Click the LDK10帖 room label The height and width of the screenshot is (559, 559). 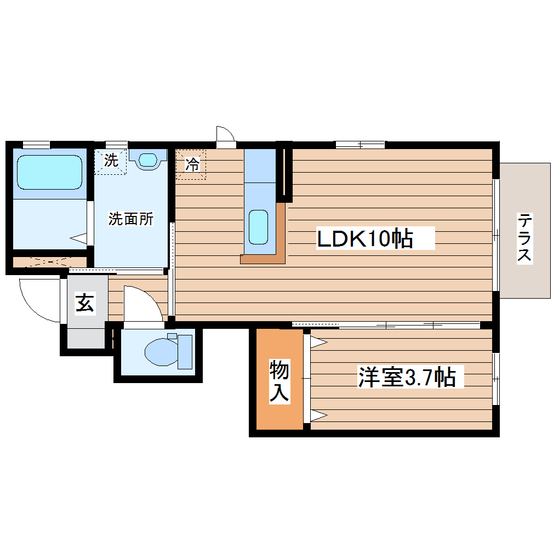[x=364, y=238]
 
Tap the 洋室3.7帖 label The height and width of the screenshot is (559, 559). [x=407, y=377]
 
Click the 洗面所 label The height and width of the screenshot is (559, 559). [x=130, y=219]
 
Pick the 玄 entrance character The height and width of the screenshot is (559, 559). [x=84, y=303]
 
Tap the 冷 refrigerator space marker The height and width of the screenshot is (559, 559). [x=192, y=164]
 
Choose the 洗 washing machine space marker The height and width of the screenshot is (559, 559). [x=110, y=161]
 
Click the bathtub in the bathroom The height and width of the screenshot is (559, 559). [x=49, y=172]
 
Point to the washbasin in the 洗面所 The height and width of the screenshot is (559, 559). [x=147, y=159]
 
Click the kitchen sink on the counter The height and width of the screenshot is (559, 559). [x=259, y=226]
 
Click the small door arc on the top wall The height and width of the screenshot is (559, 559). [x=225, y=135]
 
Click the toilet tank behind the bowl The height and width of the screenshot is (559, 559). [x=185, y=351]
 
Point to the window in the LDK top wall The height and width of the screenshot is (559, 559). [x=360, y=144]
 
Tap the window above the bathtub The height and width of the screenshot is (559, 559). [x=36, y=145]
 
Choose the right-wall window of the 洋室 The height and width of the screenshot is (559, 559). [x=495, y=378]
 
